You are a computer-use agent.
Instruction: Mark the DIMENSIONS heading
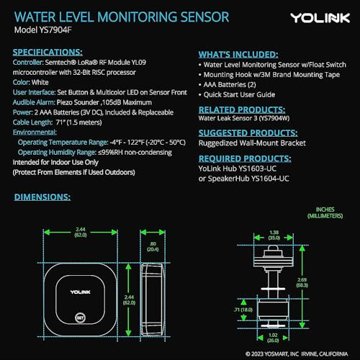(42, 196)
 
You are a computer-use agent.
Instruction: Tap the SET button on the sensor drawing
(81, 315)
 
